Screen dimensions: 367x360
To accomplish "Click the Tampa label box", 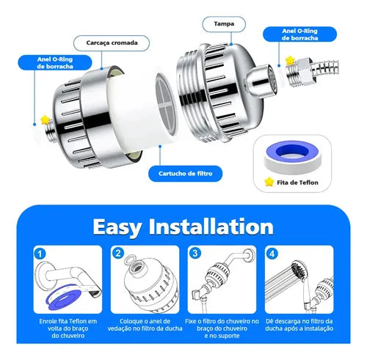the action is [224, 24].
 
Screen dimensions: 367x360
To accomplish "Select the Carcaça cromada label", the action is [112, 43].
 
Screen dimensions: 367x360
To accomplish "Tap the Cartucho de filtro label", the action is [185, 174].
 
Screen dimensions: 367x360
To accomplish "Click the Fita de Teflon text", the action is [297, 183].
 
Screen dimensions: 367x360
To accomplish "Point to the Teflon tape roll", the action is [292, 156].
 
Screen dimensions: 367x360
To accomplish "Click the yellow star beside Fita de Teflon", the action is [269, 182].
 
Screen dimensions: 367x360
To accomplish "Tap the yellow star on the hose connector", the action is [290, 60].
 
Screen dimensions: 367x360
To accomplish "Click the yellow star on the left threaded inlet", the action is [45, 120].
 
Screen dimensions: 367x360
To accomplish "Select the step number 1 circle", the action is [40, 254].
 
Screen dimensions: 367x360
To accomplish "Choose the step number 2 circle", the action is [118, 253].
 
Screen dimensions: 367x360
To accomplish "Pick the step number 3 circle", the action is [195, 253].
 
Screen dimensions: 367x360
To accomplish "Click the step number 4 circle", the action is [272, 254].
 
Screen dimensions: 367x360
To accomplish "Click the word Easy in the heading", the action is [117, 227].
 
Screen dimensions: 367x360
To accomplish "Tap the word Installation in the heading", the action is [211, 227].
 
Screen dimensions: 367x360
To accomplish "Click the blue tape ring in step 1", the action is [64, 297].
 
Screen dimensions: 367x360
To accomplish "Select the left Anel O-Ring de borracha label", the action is [55, 63].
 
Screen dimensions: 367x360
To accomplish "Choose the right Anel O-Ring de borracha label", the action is [299, 34].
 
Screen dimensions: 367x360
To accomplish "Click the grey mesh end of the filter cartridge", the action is [167, 104].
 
